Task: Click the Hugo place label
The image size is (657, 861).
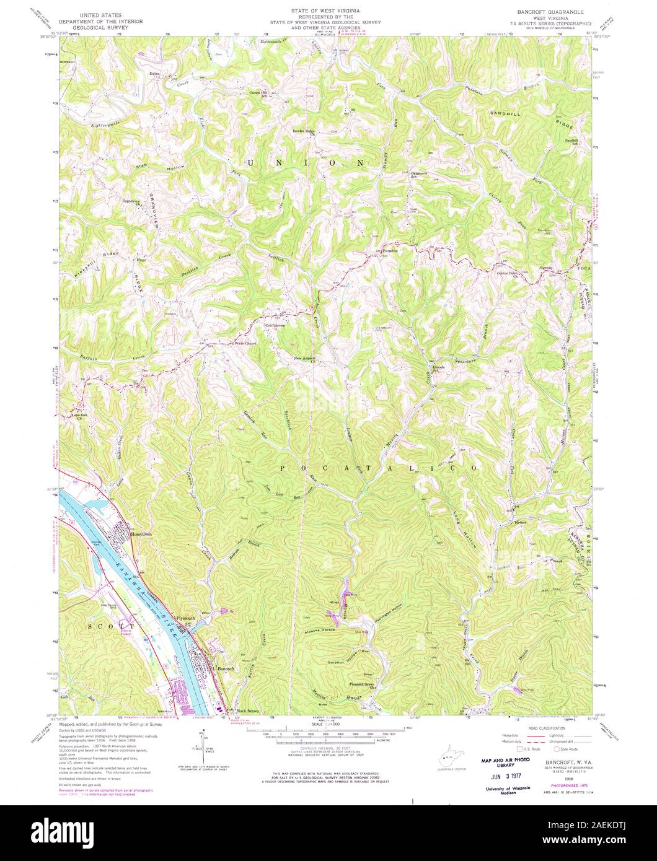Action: (x=141, y=261)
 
